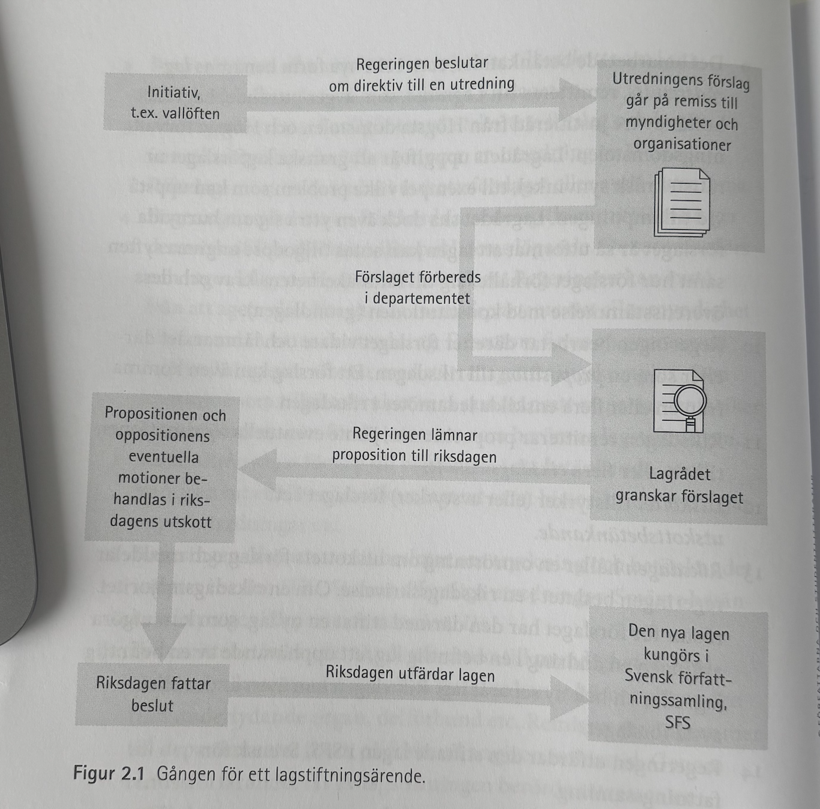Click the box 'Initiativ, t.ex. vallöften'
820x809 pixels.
pos(175,102)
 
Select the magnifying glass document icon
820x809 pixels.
pos(680,400)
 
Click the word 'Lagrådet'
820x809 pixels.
pos(680,474)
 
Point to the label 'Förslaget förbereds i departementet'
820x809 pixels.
pos(418,287)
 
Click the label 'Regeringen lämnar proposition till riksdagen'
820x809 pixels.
pos(415,445)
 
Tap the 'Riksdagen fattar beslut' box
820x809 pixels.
pos(153,694)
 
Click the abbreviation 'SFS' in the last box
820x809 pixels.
pos(678,722)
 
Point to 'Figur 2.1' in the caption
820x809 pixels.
pos(109,773)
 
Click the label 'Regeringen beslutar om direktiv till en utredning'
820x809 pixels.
pos(422,74)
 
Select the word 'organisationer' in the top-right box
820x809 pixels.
pos(682,145)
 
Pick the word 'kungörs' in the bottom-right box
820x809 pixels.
pos(676,655)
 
